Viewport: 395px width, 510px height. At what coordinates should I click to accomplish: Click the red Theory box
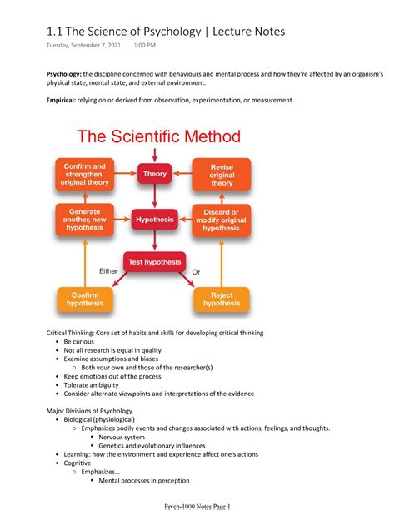pos(154,174)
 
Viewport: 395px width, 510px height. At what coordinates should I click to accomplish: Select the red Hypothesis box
pos(154,220)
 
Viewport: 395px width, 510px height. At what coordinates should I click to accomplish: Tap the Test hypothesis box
pos(154,262)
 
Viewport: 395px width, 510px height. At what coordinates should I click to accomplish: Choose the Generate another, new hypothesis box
pos(85,220)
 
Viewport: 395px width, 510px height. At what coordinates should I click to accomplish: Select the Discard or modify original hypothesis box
pos(222,220)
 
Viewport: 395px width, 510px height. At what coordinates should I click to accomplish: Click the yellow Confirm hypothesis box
pos(85,299)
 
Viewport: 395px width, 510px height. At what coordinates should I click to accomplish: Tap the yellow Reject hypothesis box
pos(222,299)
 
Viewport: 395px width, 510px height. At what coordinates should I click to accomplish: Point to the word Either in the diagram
pos(108,271)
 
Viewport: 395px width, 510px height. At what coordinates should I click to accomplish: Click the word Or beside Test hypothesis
pos(197,272)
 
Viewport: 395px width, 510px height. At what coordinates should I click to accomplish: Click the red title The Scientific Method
pos(159,136)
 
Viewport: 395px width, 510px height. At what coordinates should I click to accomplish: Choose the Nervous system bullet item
pos(122,437)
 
